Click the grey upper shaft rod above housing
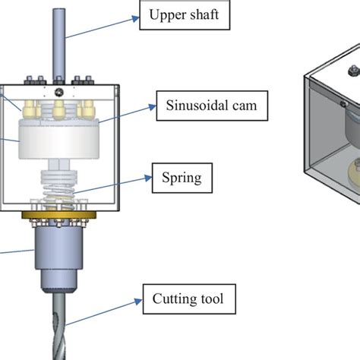tap(60, 38)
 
